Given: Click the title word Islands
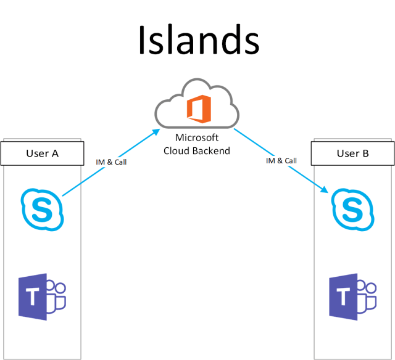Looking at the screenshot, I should [x=197, y=40].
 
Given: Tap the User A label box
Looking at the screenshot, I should [x=42, y=153].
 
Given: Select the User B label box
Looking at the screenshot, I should [x=352, y=153].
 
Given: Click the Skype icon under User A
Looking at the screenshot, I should [x=42, y=208].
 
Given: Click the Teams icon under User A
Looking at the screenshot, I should [x=42, y=298].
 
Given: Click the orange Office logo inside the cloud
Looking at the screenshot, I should [x=197, y=109].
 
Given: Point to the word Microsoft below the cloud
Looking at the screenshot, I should [x=197, y=137].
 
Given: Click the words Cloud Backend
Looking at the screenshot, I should [x=197, y=150].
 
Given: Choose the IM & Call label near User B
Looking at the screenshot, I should [x=281, y=160].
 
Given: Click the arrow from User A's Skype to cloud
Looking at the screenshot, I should [x=108, y=163].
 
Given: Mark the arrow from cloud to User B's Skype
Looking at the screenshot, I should [x=281, y=162].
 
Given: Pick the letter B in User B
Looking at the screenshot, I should [x=365, y=153].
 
